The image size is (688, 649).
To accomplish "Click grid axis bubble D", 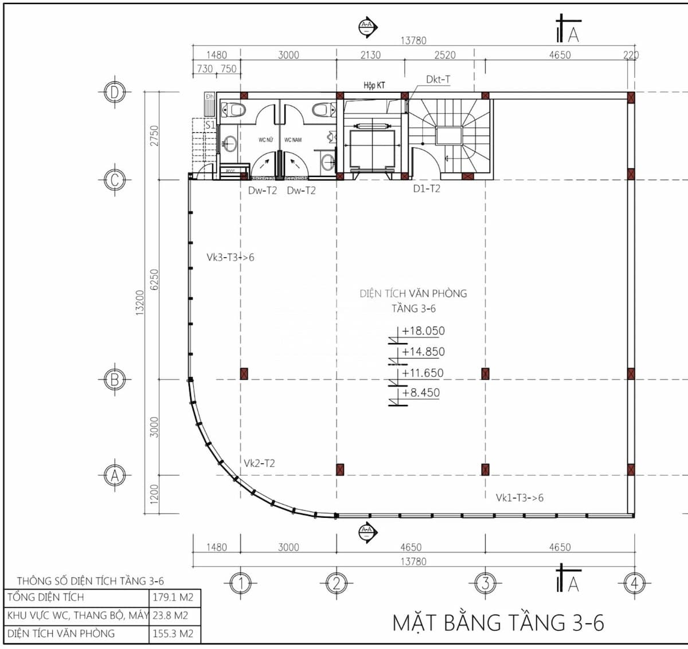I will pyautogui.click(x=115, y=92).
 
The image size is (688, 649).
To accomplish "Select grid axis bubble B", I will pyautogui.click(x=115, y=379).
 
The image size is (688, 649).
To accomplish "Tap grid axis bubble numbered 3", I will pyautogui.click(x=485, y=584).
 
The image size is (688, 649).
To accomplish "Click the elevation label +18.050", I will pyautogui.click(x=423, y=331).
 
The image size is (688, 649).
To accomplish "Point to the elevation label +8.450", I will pyautogui.click(x=421, y=393).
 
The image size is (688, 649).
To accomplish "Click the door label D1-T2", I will pyautogui.click(x=427, y=188).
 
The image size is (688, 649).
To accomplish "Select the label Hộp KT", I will pyautogui.click(x=374, y=85).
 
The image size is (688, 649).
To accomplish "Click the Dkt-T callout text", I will pyautogui.click(x=438, y=80).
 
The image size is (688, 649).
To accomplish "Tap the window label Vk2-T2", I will pyautogui.click(x=259, y=463).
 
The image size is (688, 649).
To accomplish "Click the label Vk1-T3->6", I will pyautogui.click(x=519, y=498).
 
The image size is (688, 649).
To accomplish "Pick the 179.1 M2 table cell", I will pyautogui.click(x=173, y=597).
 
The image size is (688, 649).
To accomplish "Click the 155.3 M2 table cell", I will pyautogui.click(x=173, y=634).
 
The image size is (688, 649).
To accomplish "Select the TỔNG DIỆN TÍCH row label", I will pyautogui.click(x=46, y=597).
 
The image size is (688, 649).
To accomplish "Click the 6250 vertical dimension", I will pyautogui.click(x=154, y=280).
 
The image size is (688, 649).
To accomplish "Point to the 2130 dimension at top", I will pyautogui.click(x=370, y=55).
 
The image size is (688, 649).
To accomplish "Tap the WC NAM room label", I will pyautogui.click(x=293, y=140).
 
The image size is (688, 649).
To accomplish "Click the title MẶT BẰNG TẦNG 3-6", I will pyautogui.click(x=498, y=622).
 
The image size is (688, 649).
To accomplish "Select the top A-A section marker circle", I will pyautogui.click(x=366, y=26).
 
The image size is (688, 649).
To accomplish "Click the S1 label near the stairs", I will pyautogui.click(x=210, y=124).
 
